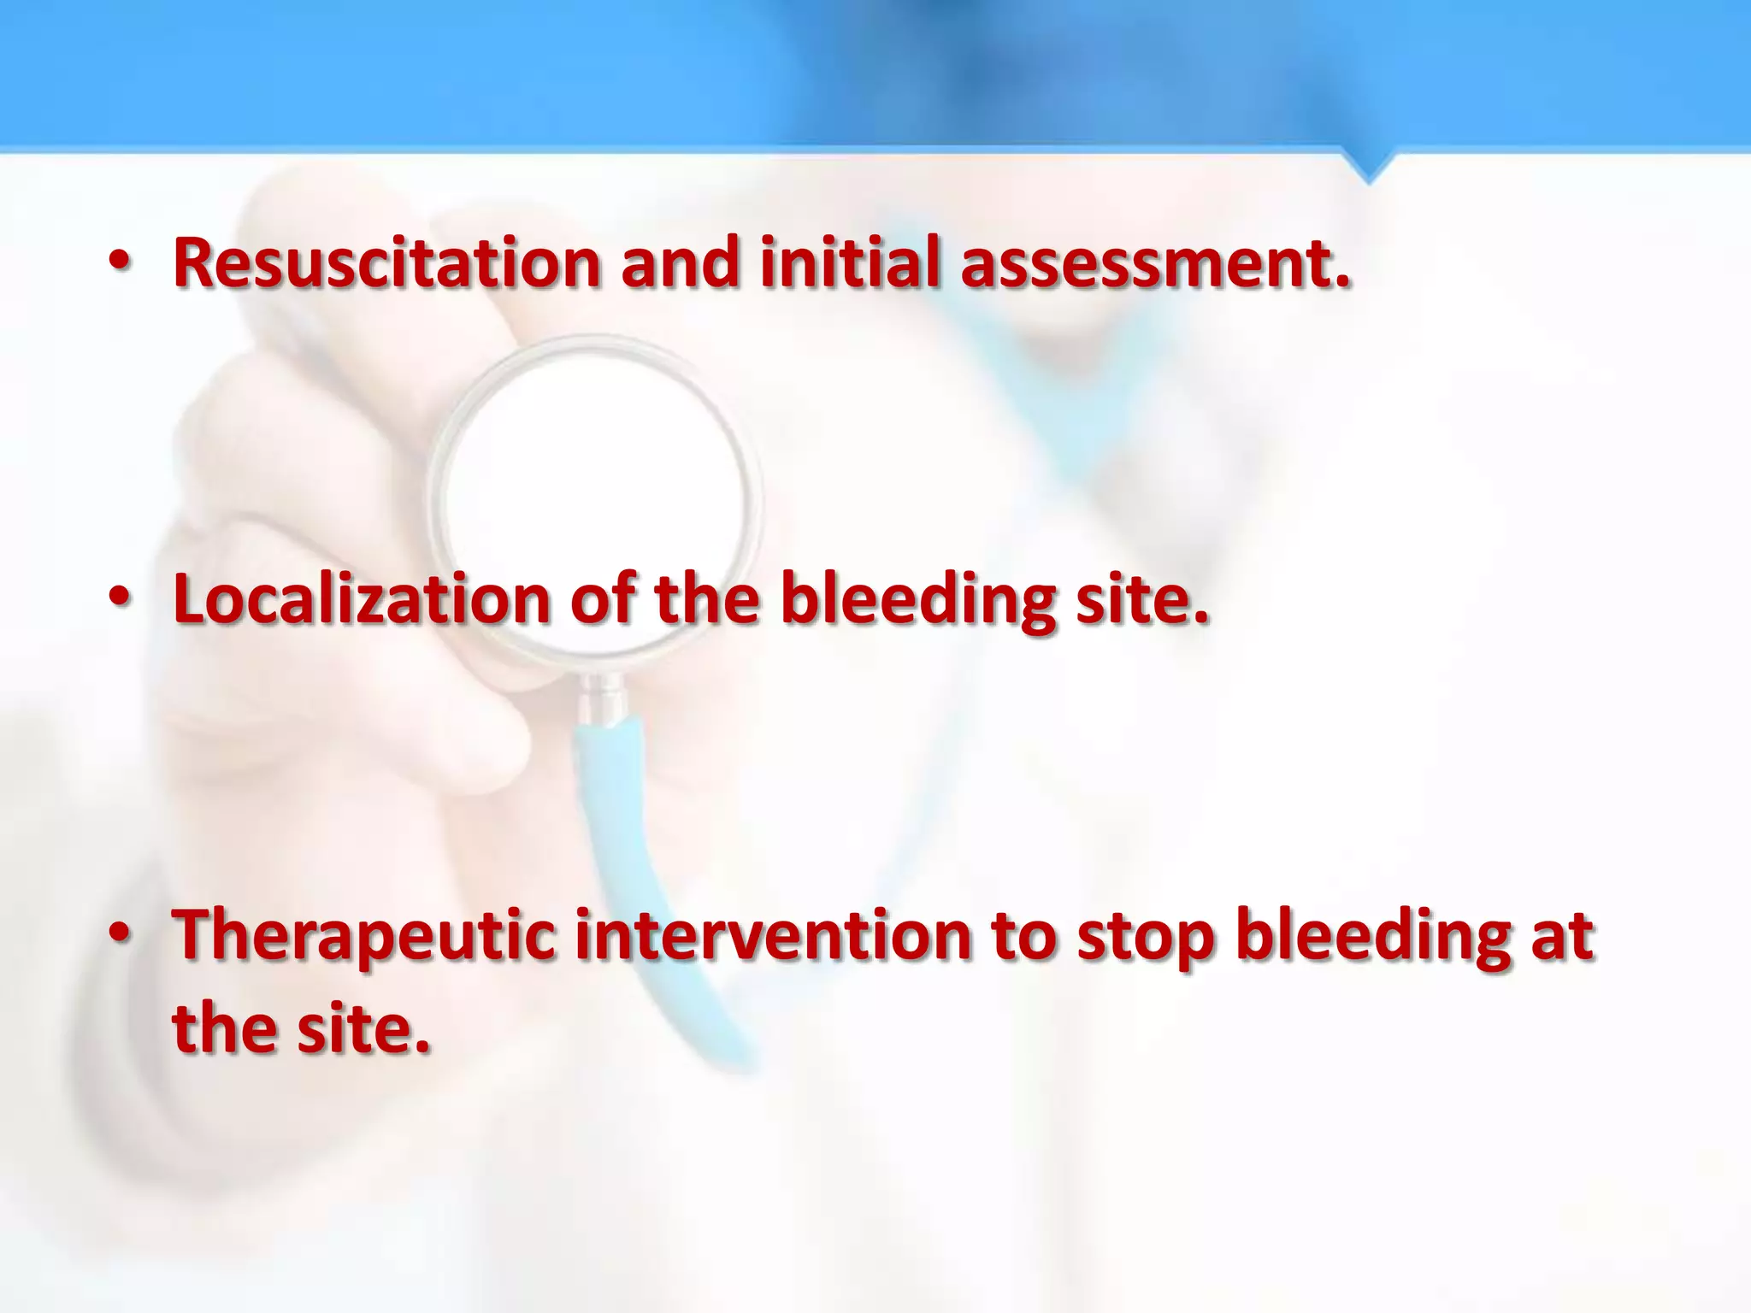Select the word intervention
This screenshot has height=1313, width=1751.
coord(773,935)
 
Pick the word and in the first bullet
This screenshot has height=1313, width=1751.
coord(681,262)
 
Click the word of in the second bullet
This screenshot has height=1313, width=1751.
coord(602,598)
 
